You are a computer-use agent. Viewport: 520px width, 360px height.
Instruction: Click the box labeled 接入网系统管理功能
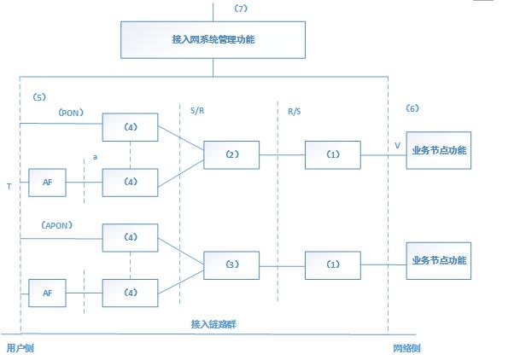213,39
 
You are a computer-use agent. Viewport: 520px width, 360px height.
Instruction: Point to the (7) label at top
240,8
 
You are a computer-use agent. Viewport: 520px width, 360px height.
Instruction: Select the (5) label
38,97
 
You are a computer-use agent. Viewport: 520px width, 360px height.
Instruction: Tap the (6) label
412,108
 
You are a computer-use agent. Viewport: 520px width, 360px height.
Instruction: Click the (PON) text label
70,112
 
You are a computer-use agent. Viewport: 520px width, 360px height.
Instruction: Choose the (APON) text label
56,224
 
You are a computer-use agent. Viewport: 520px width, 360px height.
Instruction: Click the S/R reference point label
197,110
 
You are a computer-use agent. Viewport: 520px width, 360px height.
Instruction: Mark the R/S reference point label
295,110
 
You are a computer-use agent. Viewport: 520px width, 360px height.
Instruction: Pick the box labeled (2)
231,155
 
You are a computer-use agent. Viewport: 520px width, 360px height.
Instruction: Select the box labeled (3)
231,265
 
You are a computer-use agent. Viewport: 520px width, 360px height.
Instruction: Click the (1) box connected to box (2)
333,155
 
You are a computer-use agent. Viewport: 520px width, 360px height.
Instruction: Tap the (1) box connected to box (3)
333,265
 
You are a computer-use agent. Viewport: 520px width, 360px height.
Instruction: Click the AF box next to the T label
48,182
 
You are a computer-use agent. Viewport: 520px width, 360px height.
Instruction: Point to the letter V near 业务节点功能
397,147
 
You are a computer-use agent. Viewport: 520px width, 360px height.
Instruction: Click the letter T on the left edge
9,185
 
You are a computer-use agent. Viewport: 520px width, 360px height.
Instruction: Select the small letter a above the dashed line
95,157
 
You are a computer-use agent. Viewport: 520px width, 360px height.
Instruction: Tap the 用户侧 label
20,348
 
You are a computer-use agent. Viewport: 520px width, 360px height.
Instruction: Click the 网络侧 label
406,348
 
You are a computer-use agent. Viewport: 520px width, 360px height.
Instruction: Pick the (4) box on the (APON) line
130,237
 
